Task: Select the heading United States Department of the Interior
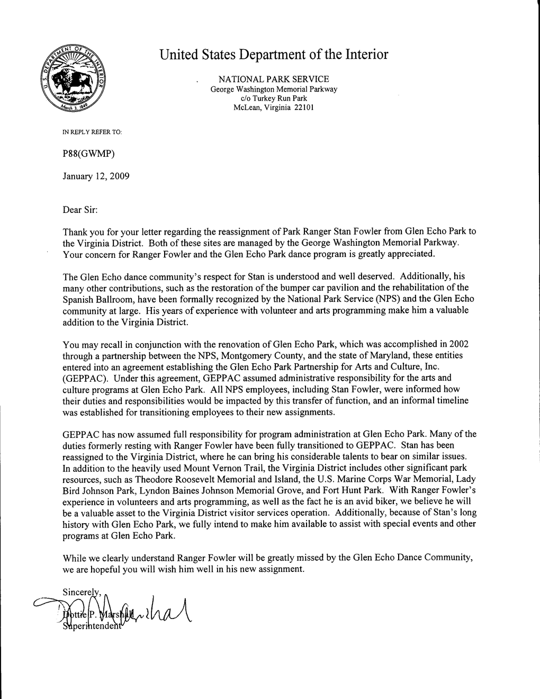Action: [274, 55]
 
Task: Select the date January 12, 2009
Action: [96, 176]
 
